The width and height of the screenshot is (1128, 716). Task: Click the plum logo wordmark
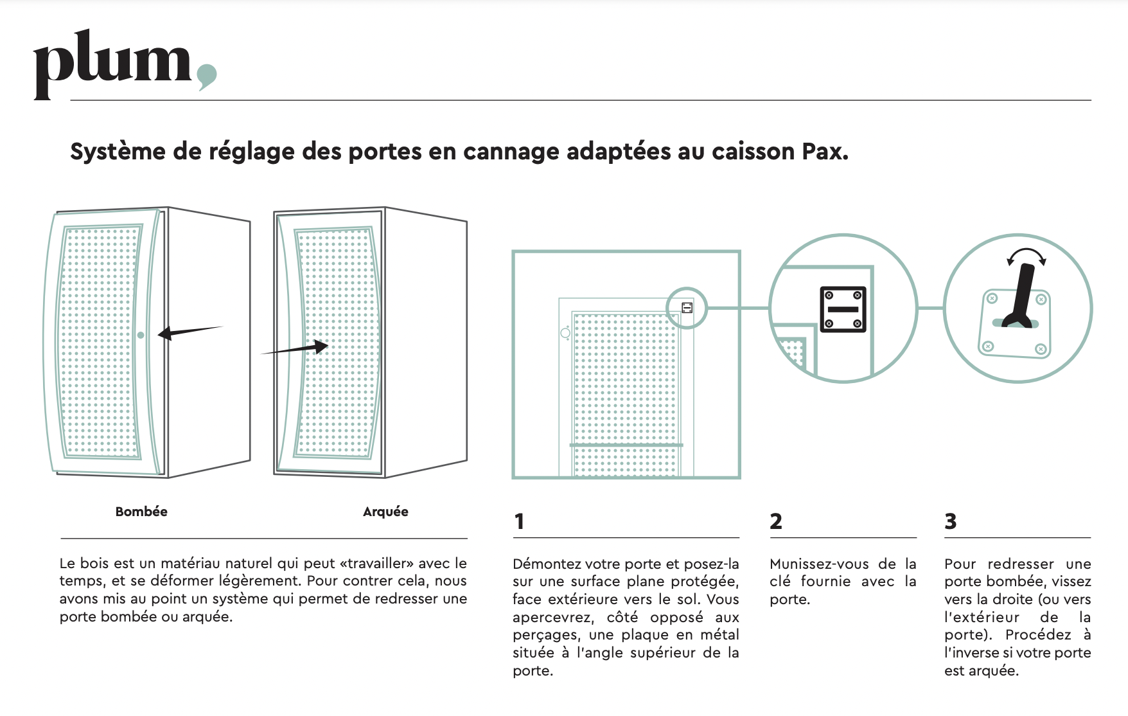pos(113,64)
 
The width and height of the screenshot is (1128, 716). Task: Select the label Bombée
pos(141,512)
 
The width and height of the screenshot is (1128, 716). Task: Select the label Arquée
pos(385,512)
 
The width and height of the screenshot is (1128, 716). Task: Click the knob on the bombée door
pos(141,335)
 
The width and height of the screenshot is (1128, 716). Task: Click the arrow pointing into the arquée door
pos(294,349)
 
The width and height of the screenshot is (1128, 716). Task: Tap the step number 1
pos(519,521)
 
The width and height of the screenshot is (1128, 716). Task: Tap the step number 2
pos(776,521)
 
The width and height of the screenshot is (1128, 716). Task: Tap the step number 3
pos(951,521)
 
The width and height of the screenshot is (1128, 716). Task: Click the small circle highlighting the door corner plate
pos(687,289)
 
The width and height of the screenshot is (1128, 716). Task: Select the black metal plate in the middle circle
pos(843,309)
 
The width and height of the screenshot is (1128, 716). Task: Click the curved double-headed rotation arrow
pos(1027,251)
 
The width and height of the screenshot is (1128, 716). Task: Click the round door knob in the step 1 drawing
pos(565,333)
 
